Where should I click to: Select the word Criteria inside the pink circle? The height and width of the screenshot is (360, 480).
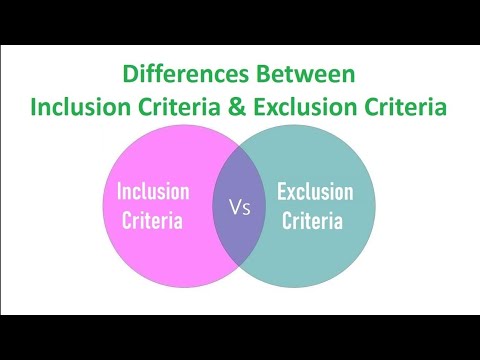click(151, 220)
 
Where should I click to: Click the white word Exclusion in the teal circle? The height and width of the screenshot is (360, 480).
click(314, 190)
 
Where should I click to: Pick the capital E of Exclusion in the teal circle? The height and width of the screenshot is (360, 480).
click(281, 190)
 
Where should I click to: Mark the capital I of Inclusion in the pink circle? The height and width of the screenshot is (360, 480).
click(119, 190)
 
